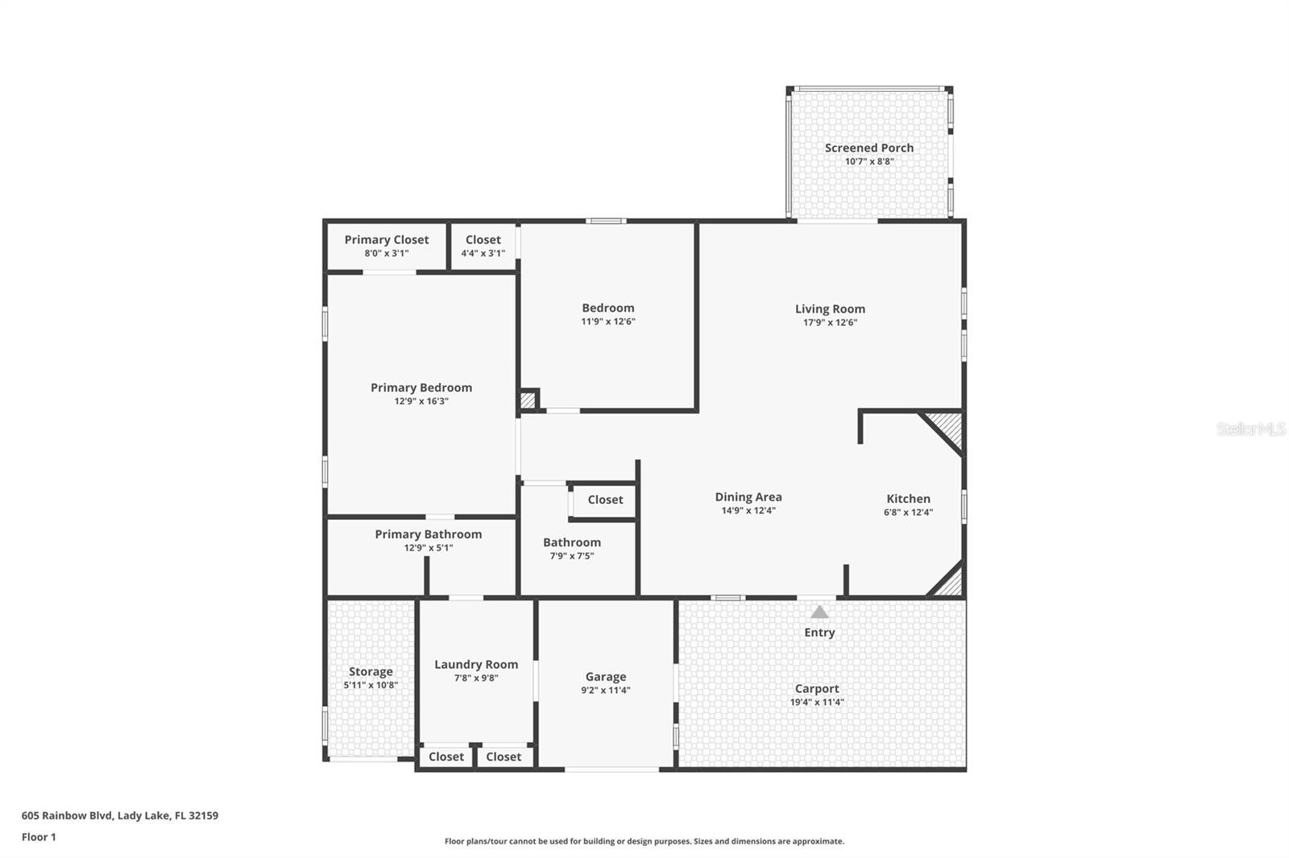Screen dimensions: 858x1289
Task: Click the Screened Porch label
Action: tap(868, 148)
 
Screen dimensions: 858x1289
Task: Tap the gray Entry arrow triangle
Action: tap(819, 612)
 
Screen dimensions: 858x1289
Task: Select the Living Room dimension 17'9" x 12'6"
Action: tap(830, 323)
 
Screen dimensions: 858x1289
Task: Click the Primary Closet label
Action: tap(387, 240)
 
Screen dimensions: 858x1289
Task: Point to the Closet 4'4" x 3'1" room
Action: tap(483, 245)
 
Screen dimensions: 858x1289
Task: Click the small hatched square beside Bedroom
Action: tap(528, 400)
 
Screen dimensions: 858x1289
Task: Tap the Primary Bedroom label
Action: tap(421, 388)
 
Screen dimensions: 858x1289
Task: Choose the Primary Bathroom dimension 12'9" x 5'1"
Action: tap(429, 548)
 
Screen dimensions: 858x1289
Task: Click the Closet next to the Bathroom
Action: tap(605, 500)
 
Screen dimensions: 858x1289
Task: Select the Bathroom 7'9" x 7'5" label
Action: tap(571, 542)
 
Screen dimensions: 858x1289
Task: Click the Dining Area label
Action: tap(748, 497)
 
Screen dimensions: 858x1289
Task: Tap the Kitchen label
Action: tap(908, 499)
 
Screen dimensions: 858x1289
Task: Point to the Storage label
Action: tap(371, 672)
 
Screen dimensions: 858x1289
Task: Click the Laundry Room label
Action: tap(476, 665)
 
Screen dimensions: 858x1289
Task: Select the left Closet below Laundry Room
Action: tap(446, 757)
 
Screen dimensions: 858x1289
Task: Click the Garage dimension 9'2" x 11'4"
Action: tap(606, 691)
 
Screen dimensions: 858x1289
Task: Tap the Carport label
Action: tap(817, 689)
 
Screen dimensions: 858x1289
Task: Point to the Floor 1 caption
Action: tap(39, 837)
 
